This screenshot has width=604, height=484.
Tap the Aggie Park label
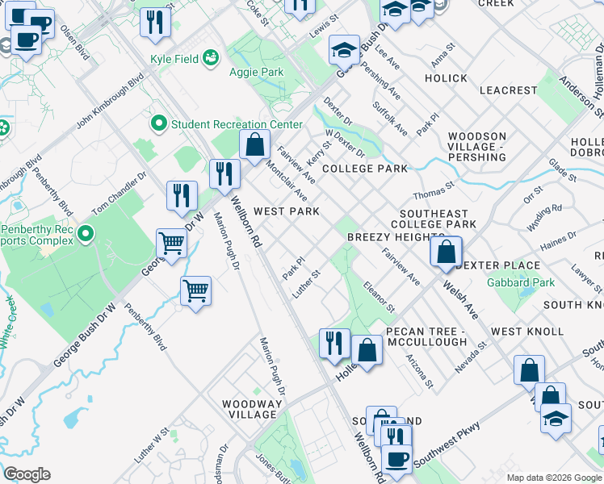point(260,72)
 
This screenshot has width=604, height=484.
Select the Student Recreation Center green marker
point(157,124)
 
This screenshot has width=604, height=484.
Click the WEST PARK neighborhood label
point(287,211)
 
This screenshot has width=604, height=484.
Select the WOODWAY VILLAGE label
point(253,409)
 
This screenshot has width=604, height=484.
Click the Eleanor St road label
point(378,296)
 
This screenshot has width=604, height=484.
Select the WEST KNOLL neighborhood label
point(527,332)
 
